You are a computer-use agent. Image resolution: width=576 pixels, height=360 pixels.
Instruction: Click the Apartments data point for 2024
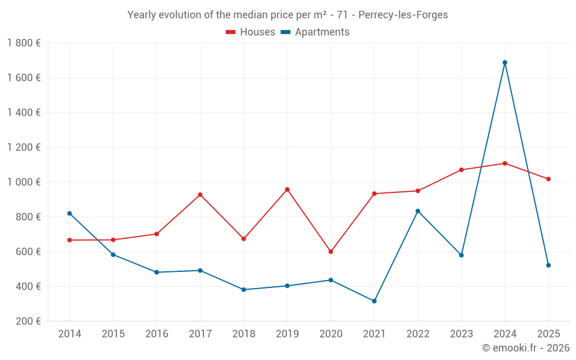[x=505, y=62]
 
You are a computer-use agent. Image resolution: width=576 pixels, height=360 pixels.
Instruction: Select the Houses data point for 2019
[x=287, y=190]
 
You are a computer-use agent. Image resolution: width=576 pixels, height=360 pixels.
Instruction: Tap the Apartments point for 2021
[x=374, y=301]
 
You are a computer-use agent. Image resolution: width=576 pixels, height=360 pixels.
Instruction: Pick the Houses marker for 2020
[x=331, y=252]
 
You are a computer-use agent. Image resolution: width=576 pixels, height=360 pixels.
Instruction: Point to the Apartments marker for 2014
[x=70, y=214]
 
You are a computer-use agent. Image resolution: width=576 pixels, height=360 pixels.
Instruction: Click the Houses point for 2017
[x=200, y=195]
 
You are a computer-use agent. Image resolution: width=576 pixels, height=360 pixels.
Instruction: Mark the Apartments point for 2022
[x=418, y=211]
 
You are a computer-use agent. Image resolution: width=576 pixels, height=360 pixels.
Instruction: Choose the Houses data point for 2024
[x=505, y=164]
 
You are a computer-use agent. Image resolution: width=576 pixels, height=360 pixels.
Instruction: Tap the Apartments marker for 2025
[x=548, y=265]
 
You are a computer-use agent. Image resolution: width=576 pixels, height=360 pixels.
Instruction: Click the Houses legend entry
[x=251, y=32]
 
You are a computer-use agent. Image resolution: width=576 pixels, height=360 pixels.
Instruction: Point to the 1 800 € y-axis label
[x=24, y=43]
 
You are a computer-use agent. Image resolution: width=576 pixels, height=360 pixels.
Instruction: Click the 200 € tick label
[x=28, y=321]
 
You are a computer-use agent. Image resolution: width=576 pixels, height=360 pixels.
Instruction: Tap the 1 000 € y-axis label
[x=24, y=182]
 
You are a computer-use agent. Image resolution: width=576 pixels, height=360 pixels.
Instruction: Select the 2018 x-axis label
[x=244, y=334]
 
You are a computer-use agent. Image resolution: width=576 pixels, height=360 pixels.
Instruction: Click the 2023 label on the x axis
[x=461, y=334]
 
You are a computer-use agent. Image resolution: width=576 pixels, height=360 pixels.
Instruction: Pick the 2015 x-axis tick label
[x=113, y=334]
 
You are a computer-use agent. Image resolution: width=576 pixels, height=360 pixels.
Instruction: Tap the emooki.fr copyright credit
[x=525, y=348]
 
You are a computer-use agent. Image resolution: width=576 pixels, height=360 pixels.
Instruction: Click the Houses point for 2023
[x=461, y=170]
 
